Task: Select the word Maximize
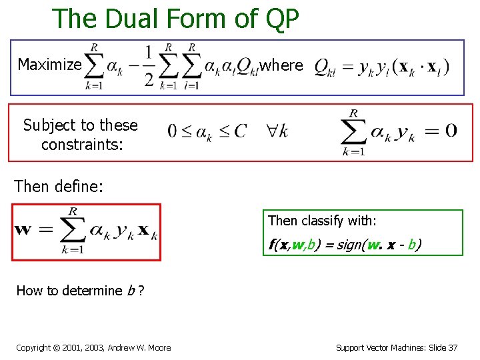(x=49, y=65)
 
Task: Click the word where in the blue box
(x=281, y=65)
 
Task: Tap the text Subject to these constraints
(x=80, y=134)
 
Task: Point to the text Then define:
(x=59, y=187)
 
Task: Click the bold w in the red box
(x=23, y=230)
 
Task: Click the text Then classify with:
(x=323, y=221)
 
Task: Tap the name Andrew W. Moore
(x=139, y=347)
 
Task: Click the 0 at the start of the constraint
(x=172, y=131)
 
